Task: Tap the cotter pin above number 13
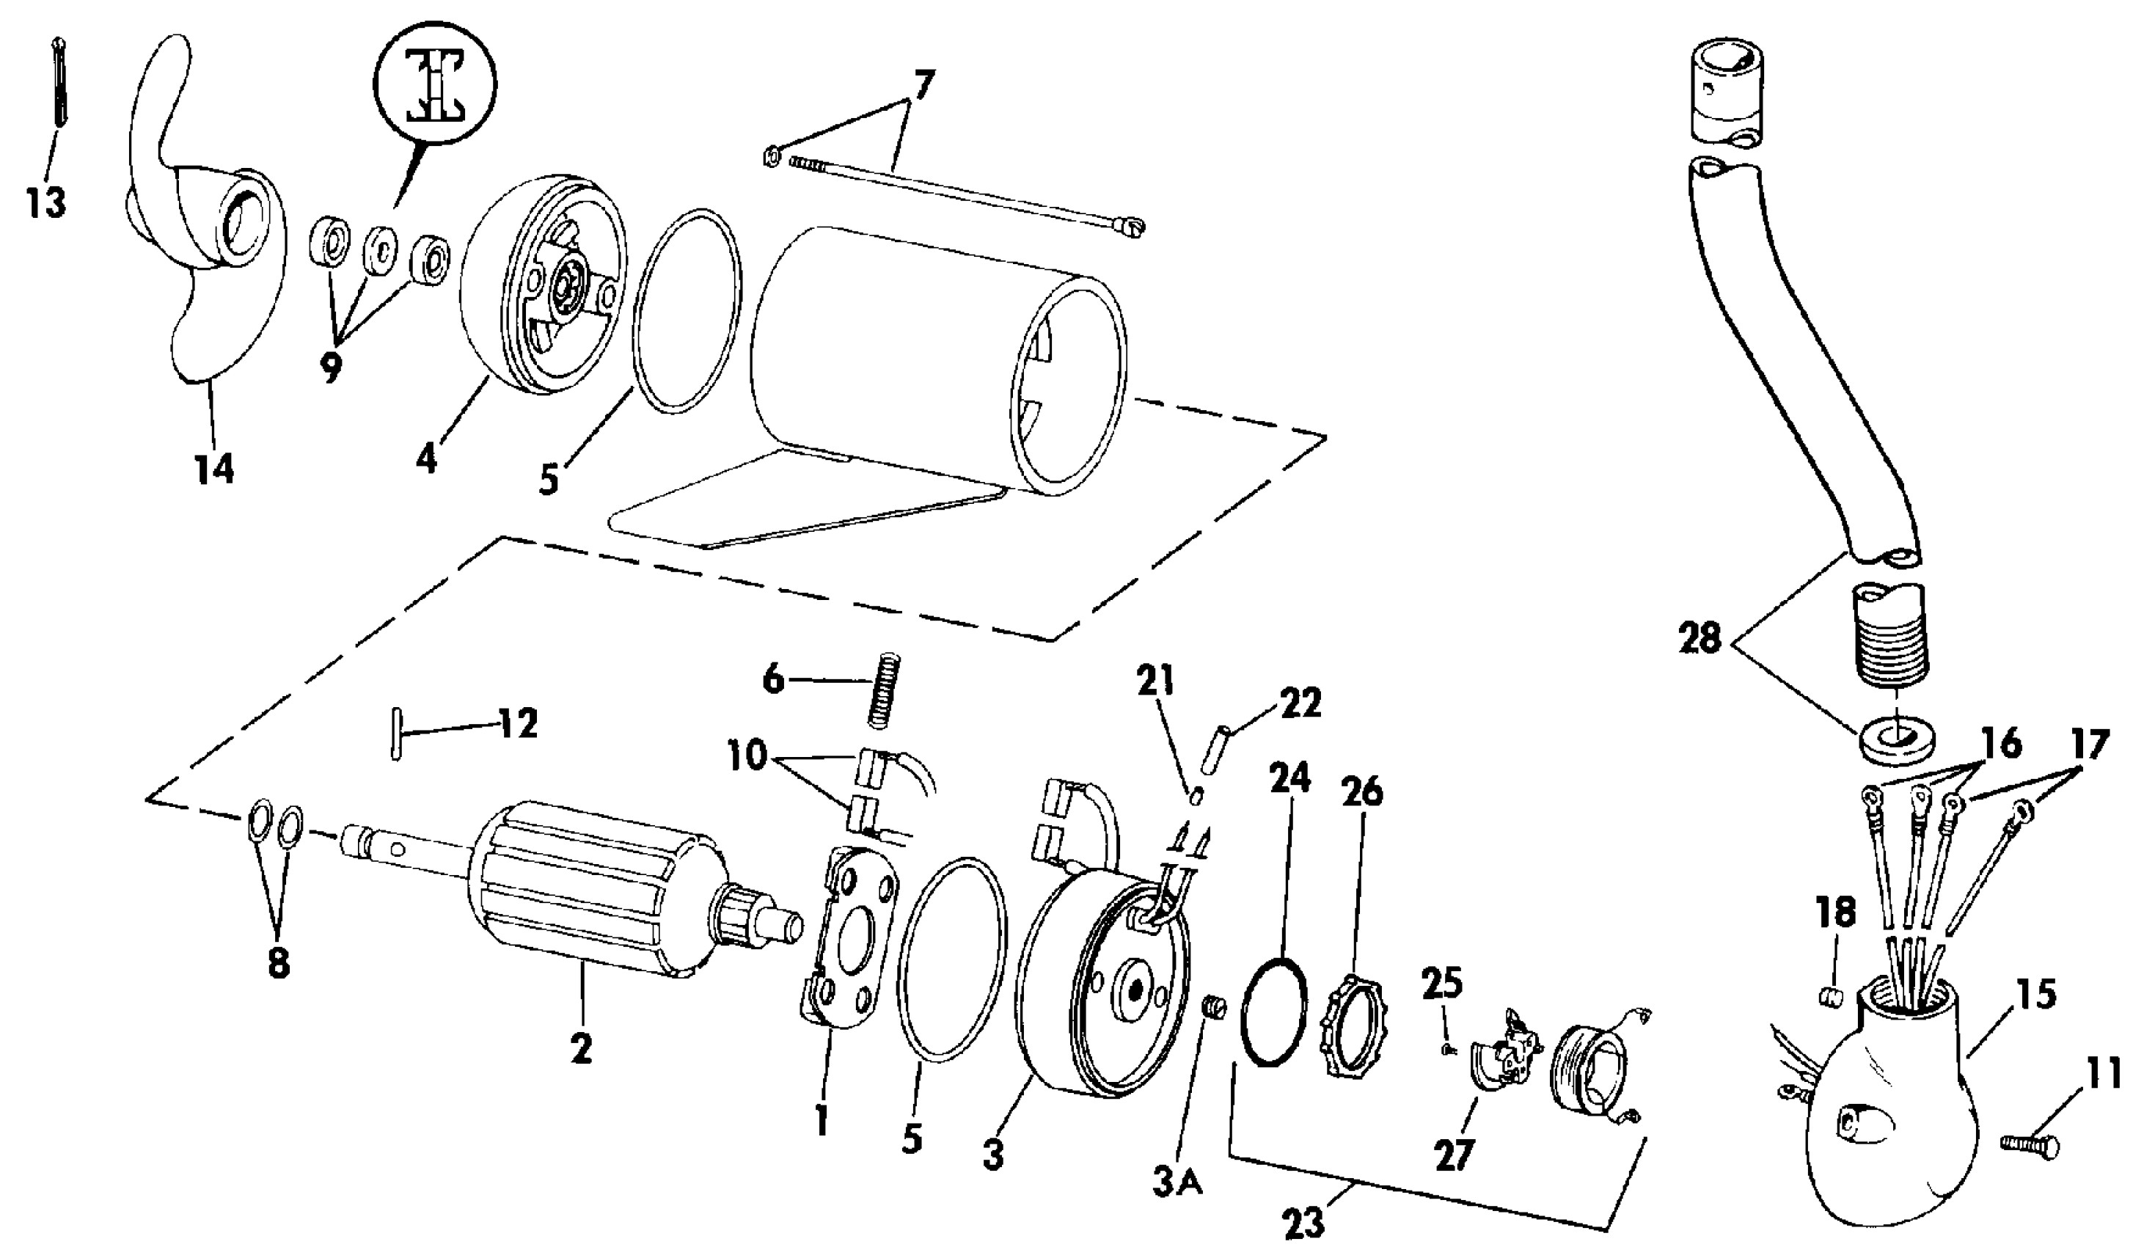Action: tap(59, 85)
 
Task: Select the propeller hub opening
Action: tap(246, 224)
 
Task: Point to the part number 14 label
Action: tap(214, 467)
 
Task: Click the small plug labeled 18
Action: tap(1830, 996)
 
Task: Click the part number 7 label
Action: tap(922, 86)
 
